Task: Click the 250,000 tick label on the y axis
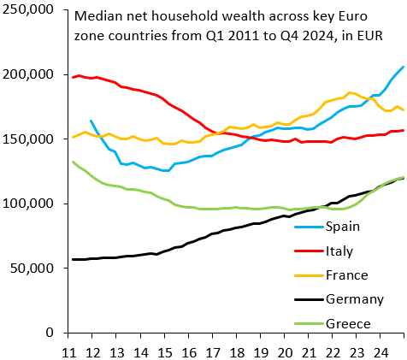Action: pyautogui.click(x=28, y=10)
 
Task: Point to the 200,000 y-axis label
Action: pyautogui.click(x=28, y=74)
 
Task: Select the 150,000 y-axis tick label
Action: pyautogui.click(x=28, y=139)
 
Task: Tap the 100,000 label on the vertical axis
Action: pyautogui.click(x=28, y=204)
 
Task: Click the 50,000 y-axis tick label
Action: pyautogui.click(x=32, y=269)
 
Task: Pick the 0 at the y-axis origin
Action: pyautogui.click(x=51, y=333)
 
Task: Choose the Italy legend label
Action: pyautogui.click(x=342, y=251)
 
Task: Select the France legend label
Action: pyautogui.click(x=347, y=275)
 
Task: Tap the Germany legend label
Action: pyautogui.click(x=355, y=299)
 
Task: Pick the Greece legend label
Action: pyautogui.click(x=349, y=323)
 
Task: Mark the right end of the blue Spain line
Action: pyautogui.click(x=404, y=67)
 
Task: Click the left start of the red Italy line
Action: pyautogui.click(x=74, y=78)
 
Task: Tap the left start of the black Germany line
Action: pyautogui.click(x=74, y=259)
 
